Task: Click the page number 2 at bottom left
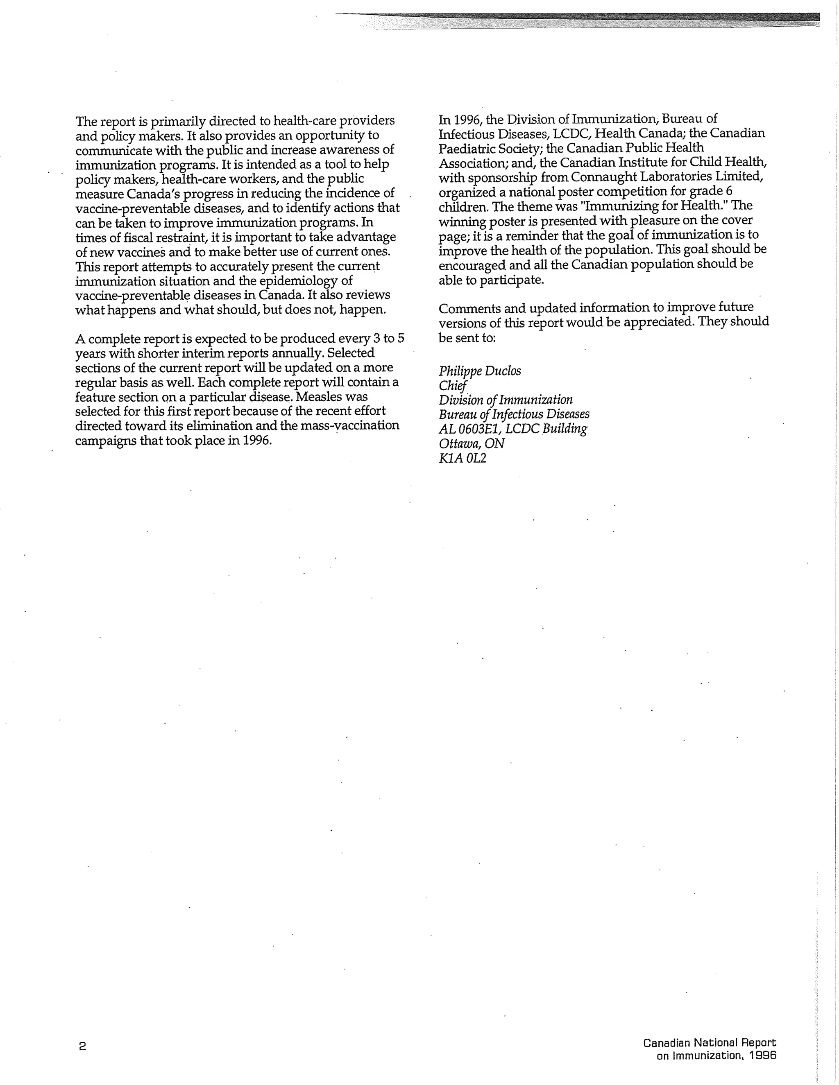[x=82, y=1046]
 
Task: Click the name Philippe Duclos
[x=480, y=371]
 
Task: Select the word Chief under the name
[x=453, y=386]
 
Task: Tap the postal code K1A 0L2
[x=462, y=458]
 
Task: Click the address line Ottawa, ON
[x=472, y=443]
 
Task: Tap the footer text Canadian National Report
[x=709, y=1043]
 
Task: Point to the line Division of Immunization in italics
[x=506, y=400]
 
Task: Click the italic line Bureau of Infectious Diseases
[x=514, y=414]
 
